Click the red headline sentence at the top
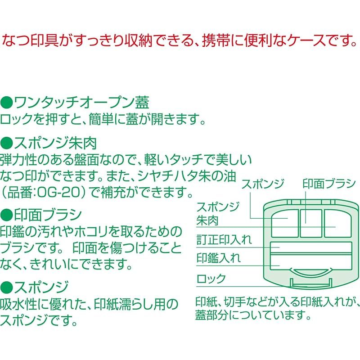(179, 41)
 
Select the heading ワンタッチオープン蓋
(81, 103)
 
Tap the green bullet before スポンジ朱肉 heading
(6, 144)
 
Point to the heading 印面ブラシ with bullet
(41, 215)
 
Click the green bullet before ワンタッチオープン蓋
(6, 103)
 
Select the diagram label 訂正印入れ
(224, 240)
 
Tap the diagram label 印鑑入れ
(219, 258)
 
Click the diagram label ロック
(211, 279)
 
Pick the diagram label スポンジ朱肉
(218, 213)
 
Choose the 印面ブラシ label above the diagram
(329, 184)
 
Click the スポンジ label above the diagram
(263, 184)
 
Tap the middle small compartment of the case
(311, 223)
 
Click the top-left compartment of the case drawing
(285, 223)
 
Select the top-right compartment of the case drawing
(337, 223)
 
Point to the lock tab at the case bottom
(311, 283)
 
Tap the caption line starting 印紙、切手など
(277, 302)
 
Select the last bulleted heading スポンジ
(35, 287)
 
